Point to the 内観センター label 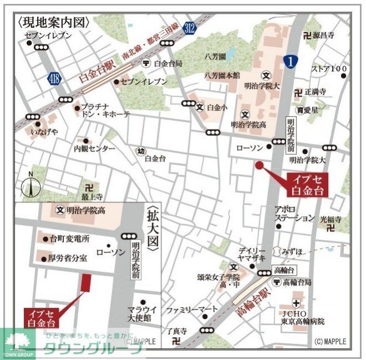click(x=94, y=149)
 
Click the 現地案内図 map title click(x=53, y=22)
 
